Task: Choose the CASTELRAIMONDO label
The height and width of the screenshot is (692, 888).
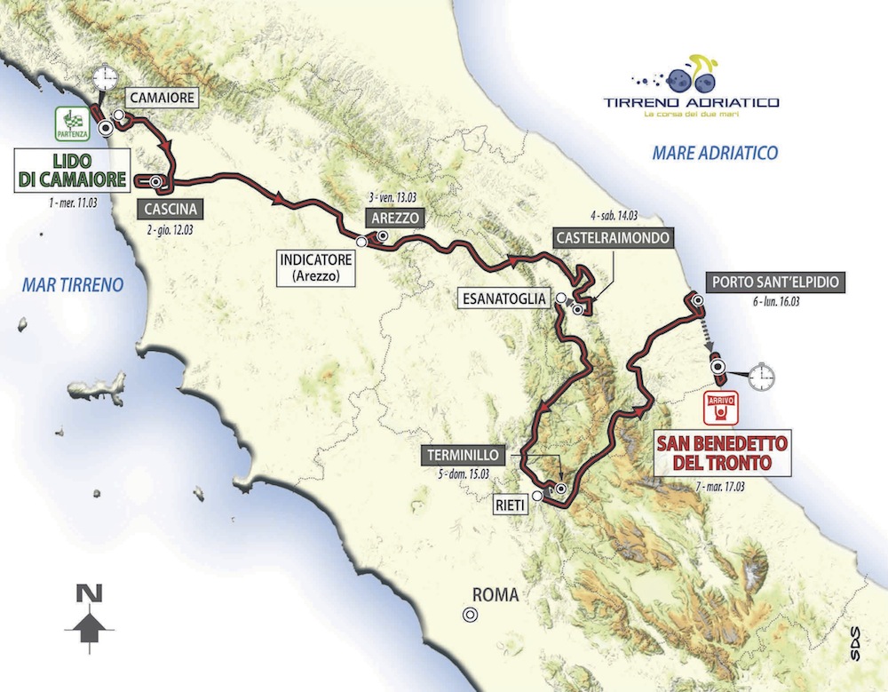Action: coord(612,238)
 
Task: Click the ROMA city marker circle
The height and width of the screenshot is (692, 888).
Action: coord(467,614)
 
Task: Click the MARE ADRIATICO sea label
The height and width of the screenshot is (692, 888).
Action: coord(715,153)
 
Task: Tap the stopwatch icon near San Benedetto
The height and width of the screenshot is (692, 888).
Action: coord(760,378)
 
